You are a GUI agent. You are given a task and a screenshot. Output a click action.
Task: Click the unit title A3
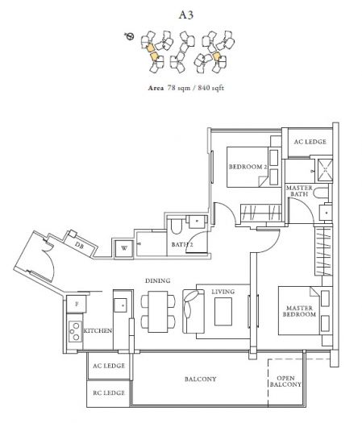click(x=186, y=15)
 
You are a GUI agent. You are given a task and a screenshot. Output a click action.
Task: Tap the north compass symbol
click(x=130, y=36)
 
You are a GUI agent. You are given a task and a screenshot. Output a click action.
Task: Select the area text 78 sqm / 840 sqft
click(x=196, y=88)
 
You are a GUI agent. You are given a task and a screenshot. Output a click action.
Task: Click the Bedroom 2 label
click(x=248, y=167)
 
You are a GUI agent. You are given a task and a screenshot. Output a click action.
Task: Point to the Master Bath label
click(x=299, y=191)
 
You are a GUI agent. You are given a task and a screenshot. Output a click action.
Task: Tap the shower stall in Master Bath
click(x=325, y=170)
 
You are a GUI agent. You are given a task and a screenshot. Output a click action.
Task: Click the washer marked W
click(x=124, y=248)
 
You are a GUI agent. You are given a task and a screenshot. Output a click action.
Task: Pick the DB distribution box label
click(x=79, y=246)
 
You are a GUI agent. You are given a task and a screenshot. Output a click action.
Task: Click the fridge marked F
click(x=77, y=304)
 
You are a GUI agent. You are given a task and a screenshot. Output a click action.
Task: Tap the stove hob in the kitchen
click(x=74, y=331)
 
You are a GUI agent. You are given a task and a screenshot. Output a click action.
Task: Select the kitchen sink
click(x=120, y=305)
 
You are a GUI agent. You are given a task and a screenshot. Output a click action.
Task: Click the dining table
click(x=158, y=312)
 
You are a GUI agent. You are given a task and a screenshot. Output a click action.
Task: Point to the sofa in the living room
click(x=193, y=311)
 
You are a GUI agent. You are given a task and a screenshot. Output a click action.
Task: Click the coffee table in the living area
click(x=223, y=311)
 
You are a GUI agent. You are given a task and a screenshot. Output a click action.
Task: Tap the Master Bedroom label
click(x=299, y=311)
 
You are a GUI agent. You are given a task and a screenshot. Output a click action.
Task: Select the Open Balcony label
click(x=285, y=381)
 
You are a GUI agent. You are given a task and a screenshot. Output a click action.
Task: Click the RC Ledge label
click(x=109, y=393)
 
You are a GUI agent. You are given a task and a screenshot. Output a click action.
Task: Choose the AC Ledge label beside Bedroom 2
click(x=310, y=142)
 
